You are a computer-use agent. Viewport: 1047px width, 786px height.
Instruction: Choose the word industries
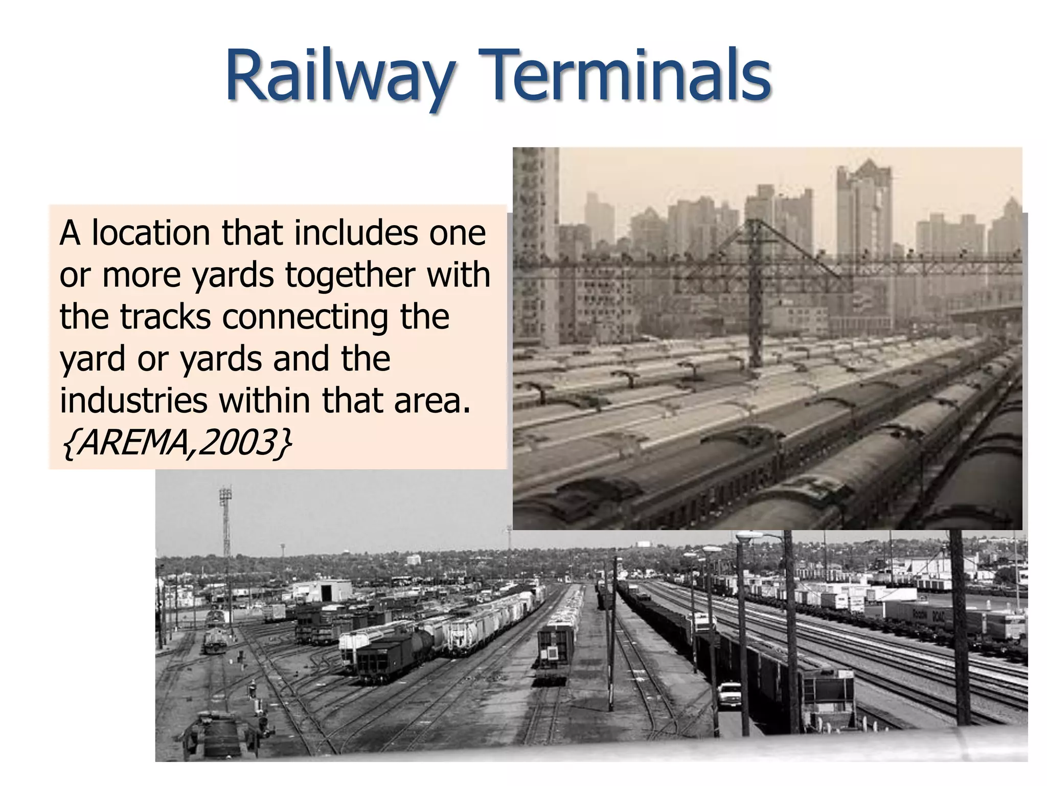pos(133,401)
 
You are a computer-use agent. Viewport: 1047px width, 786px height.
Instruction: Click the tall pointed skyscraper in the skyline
pos(864,205)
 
